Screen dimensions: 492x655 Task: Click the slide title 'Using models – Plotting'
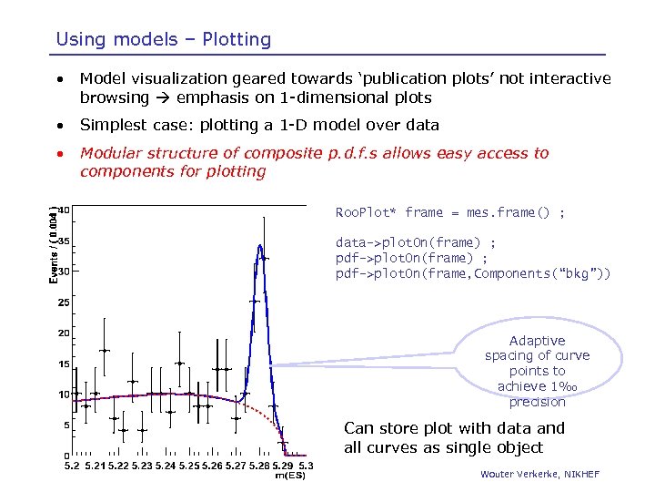[164, 39]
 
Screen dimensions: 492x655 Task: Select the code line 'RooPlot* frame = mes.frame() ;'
[450, 212]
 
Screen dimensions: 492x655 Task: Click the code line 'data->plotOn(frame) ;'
[416, 243]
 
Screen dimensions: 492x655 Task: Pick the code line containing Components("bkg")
[473, 273]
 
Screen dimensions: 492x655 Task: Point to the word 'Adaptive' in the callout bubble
[537, 341]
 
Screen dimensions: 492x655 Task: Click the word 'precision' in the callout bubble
[537, 402]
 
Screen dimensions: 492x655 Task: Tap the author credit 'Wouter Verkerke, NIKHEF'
[541, 474]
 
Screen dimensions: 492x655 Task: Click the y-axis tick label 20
[64, 333]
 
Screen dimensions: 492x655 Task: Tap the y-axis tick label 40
[64, 210]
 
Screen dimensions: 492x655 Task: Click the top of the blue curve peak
[260, 245]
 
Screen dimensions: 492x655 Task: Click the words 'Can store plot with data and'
[454, 428]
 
